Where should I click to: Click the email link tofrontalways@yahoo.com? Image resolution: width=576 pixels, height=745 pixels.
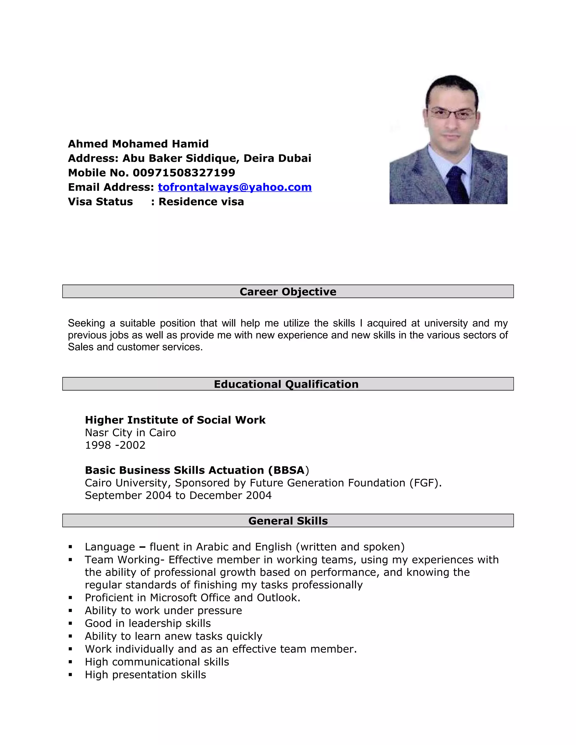[235, 187]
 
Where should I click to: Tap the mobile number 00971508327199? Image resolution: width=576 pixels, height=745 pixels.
[184, 173]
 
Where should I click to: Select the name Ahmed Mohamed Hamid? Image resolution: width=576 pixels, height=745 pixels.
[138, 144]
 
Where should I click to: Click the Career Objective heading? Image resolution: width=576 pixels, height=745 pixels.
[288, 292]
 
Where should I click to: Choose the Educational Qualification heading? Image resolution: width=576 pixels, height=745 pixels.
[286, 384]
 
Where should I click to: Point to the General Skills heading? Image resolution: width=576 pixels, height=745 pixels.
[288, 521]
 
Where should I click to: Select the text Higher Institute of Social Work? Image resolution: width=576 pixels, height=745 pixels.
[175, 420]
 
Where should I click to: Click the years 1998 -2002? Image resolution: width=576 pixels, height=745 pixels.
[115, 445]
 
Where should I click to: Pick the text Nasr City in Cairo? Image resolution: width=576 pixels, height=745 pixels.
[130, 433]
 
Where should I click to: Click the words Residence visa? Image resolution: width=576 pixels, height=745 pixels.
[201, 202]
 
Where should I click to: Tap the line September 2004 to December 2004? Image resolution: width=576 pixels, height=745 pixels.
[178, 496]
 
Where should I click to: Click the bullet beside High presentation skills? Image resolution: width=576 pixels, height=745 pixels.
[70, 675]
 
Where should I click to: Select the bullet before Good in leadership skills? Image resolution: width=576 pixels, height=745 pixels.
[70, 624]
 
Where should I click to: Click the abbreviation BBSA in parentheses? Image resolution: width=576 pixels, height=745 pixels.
[289, 470]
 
